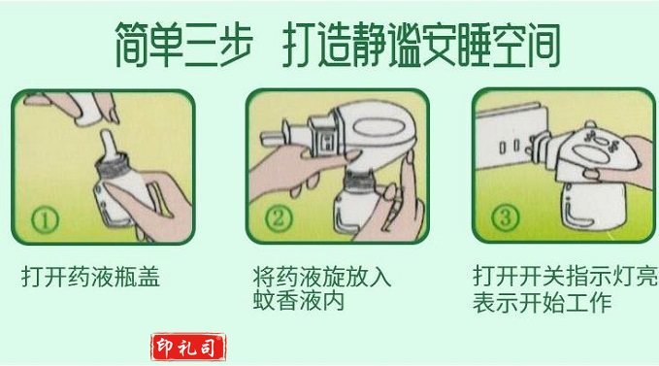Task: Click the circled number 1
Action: pos(45,220)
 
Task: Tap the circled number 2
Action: pos(279,218)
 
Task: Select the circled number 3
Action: pos(505,217)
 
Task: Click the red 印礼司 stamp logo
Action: pos(188,348)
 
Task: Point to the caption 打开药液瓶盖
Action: pos(91,277)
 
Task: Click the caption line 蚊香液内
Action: pos(299,300)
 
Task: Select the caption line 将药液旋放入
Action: pos(322,277)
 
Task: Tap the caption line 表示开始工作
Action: pos(542,302)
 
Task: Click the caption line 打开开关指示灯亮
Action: pos(565,276)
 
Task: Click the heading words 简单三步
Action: pos(184,45)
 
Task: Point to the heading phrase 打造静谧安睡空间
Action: pos(421,45)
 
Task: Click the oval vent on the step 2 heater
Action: pos(379,126)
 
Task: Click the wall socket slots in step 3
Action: pos(510,147)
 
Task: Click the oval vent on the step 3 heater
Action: pos(592,153)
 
